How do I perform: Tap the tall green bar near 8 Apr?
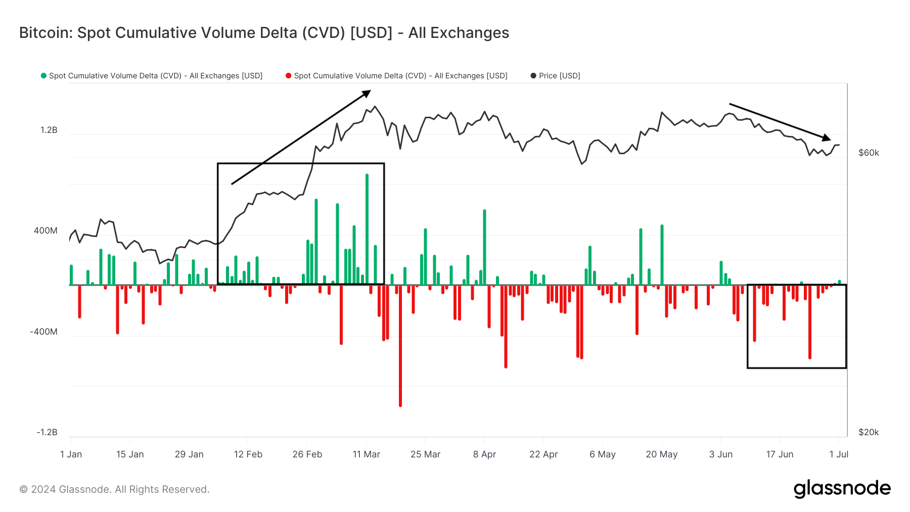pyautogui.click(x=484, y=247)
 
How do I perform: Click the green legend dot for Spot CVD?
pyautogui.click(x=43, y=76)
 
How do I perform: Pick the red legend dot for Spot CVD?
pyautogui.click(x=288, y=76)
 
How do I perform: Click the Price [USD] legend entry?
pyautogui.click(x=559, y=76)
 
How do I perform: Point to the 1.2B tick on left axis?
pyautogui.click(x=49, y=130)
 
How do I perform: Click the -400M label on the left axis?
pyautogui.click(x=43, y=332)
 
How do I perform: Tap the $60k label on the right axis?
pyautogui.click(x=869, y=153)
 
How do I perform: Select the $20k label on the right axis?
pyautogui.click(x=869, y=432)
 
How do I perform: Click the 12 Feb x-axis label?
pyautogui.click(x=248, y=454)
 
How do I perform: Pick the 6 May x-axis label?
pyautogui.click(x=603, y=454)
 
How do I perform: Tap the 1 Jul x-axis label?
pyautogui.click(x=839, y=454)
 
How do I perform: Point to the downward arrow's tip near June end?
pyautogui.click(x=828, y=138)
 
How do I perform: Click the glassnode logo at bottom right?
pyautogui.click(x=842, y=489)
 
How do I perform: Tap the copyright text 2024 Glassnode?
pyautogui.click(x=114, y=489)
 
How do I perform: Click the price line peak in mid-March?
pyautogui.click(x=375, y=107)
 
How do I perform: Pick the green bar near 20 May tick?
pyautogui.click(x=662, y=255)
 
